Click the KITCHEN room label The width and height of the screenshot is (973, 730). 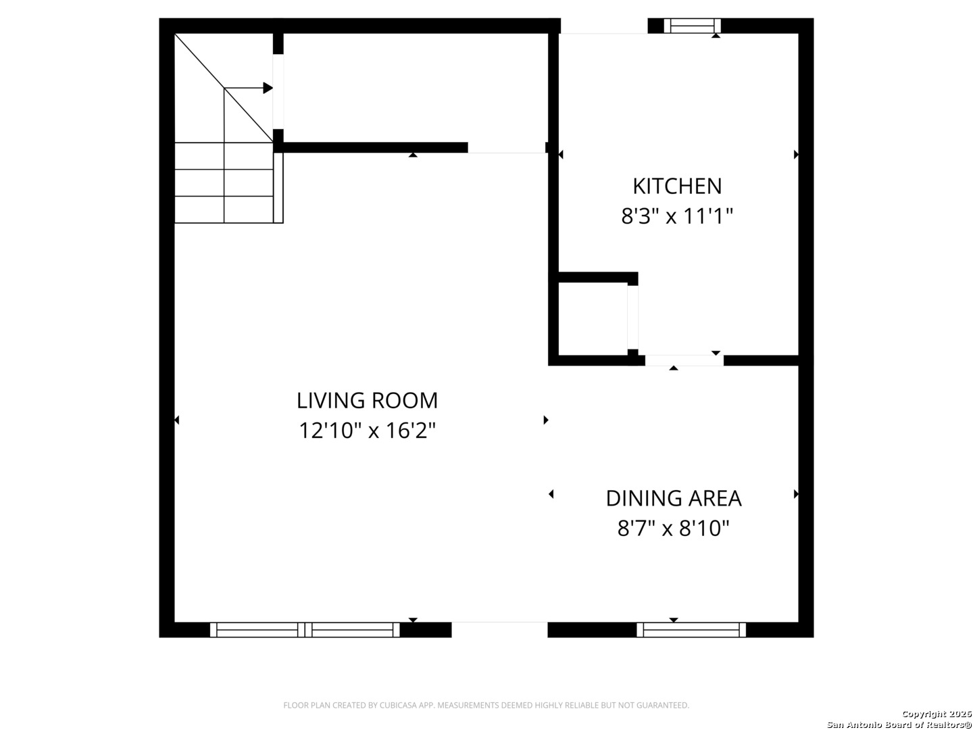tap(677, 186)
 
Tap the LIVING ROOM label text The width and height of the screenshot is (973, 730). tap(367, 401)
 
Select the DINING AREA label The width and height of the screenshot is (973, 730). tap(674, 499)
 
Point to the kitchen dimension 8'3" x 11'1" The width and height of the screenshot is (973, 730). tap(677, 216)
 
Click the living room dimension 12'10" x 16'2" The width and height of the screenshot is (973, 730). tap(368, 431)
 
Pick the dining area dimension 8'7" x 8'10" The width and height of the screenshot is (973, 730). tap(674, 529)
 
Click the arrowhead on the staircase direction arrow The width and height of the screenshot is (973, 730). tap(268, 88)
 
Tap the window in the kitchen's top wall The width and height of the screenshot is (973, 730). tap(692, 26)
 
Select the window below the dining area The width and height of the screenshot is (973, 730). tap(691, 630)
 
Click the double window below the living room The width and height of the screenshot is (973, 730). tap(305, 630)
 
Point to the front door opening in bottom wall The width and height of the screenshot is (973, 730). tap(499, 630)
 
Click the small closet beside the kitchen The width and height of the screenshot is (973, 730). tap(593, 318)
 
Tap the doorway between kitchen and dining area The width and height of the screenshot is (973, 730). tap(684, 360)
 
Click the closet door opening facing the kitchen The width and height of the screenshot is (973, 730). tap(632, 318)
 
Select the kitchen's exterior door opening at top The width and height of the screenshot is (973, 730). tap(604, 26)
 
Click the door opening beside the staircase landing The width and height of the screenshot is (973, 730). tap(278, 92)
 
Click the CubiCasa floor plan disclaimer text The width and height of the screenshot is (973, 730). tap(487, 705)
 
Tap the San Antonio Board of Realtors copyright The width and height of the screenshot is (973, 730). tap(899, 720)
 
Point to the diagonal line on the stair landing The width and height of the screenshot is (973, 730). tap(224, 88)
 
